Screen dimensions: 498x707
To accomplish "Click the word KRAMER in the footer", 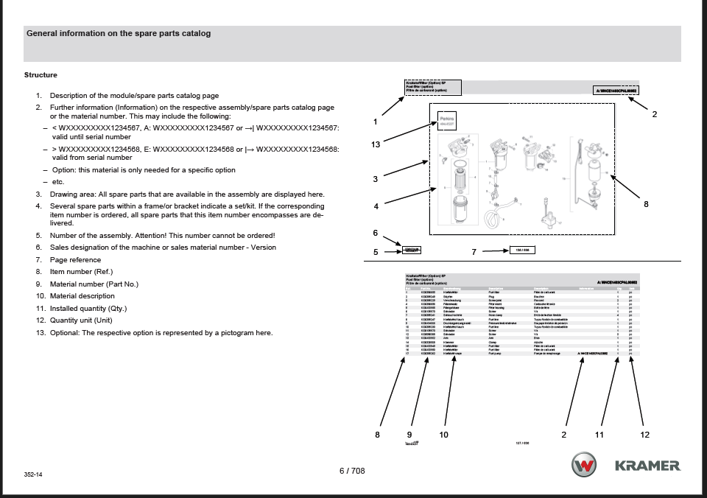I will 647,466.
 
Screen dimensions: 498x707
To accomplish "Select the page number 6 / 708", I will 352,471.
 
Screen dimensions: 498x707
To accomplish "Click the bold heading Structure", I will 41,75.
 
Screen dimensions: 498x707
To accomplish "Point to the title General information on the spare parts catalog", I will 119,34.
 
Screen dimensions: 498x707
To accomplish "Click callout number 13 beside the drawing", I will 376,145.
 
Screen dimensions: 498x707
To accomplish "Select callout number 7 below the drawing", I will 474,251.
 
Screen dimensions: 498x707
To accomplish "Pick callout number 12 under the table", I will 645,435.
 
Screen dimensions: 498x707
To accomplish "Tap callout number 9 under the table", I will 409,435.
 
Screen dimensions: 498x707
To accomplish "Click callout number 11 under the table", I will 599,435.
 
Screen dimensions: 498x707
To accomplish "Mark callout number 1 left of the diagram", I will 376,122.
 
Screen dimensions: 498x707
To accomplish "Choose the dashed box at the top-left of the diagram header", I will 432,87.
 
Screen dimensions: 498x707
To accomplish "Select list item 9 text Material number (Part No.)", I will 94,284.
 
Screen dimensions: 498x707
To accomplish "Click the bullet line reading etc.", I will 57,182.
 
